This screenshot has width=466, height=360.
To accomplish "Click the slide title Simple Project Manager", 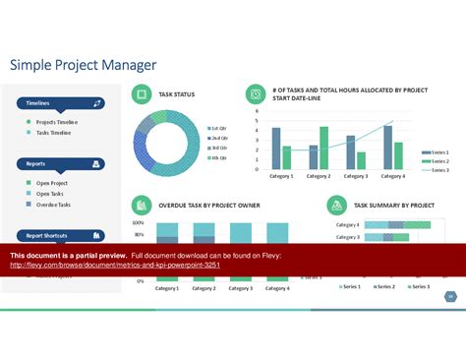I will [x=83, y=65].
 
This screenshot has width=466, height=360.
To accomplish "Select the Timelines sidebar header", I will [x=59, y=102].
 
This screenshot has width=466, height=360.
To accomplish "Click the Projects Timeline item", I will [x=56, y=122].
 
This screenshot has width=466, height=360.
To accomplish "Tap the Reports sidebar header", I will [x=59, y=164].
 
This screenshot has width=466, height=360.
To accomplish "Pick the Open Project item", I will [x=52, y=183].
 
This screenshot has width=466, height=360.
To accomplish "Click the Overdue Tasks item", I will [x=53, y=204].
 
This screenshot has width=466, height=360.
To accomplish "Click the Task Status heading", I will [x=176, y=94].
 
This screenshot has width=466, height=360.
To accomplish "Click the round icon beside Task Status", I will [x=142, y=94].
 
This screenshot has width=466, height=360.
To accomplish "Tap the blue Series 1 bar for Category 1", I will [x=276, y=149].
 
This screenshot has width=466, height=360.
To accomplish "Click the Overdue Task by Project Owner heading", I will [x=208, y=206].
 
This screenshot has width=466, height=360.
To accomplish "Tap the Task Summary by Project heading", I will [x=393, y=206].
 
